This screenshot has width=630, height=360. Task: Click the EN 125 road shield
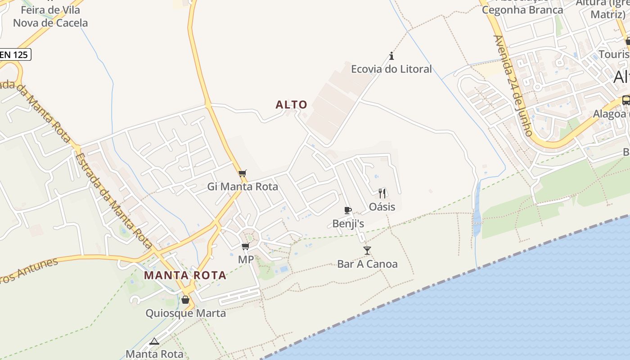(14, 55)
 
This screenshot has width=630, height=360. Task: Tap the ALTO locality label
(292, 105)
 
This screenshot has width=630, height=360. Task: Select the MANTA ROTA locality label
(185, 275)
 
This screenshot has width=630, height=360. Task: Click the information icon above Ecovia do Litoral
(391, 56)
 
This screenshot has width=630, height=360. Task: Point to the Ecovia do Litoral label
(391, 69)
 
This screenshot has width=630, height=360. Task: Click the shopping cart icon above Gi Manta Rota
(243, 174)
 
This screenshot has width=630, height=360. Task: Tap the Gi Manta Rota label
(243, 186)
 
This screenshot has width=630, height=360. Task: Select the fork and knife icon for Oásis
(382, 193)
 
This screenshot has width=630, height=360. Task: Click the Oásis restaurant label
(382, 207)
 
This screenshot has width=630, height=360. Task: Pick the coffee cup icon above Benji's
(347, 210)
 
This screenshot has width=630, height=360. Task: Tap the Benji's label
(348, 223)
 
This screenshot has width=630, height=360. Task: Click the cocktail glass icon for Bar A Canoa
(367, 251)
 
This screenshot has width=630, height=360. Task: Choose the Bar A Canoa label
(367, 264)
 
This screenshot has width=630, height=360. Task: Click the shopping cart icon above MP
(246, 247)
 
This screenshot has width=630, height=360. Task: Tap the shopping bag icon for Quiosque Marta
(185, 300)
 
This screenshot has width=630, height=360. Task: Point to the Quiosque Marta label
(185, 313)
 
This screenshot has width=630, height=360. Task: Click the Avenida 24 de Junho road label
(513, 85)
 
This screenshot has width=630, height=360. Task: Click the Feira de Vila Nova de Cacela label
(50, 16)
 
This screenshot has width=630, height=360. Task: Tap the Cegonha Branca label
(522, 10)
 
